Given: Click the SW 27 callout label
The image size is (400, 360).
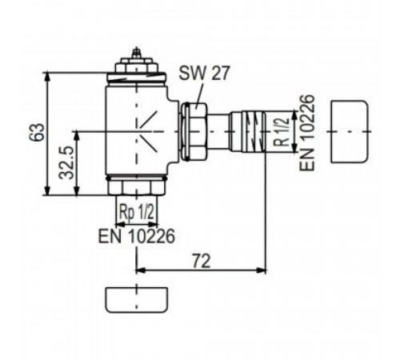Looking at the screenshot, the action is coord(204,73).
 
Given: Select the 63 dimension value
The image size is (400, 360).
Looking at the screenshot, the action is coord(37,132).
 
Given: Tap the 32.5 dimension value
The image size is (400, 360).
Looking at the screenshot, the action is coord(66,162).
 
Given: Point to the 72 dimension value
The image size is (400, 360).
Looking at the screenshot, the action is coord(202,261).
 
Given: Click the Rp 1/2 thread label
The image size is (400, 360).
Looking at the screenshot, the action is coord(137,213).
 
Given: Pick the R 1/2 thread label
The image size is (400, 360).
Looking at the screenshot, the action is coord(282,131).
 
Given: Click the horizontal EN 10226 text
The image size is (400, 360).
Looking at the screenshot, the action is coord(137,235).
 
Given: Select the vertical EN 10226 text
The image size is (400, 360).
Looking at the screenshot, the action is coord(306,133).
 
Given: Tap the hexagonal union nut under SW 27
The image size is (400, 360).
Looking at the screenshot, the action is coord(194,131).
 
